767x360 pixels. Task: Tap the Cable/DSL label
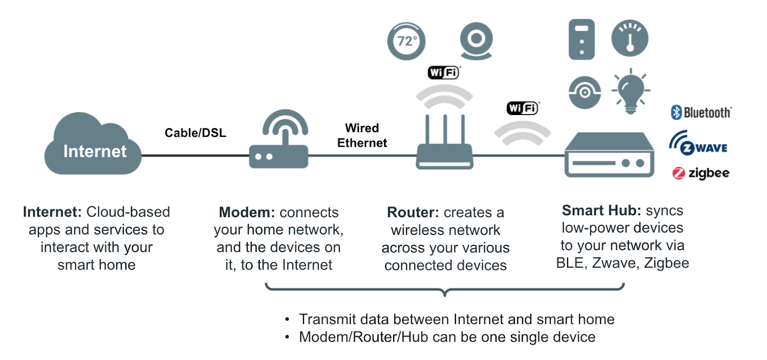pos(195,133)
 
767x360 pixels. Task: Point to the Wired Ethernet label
pos(362,135)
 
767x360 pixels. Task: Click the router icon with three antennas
pos(445,144)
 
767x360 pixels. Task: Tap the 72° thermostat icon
pos(406,41)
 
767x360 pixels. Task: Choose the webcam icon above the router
pos(476,41)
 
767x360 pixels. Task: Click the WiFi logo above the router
pos(444,72)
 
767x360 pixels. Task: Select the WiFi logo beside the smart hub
pos(523,108)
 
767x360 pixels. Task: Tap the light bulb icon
pos(631,92)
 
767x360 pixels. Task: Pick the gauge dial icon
pos(630,38)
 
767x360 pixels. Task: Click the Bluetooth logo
pos(701,113)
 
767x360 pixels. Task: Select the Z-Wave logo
pos(698,143)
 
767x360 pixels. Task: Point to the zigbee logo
pos(701,173)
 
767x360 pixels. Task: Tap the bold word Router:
pos(413,212)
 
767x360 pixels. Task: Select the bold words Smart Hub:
pos(601,210)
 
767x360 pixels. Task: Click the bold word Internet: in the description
pos(52,212)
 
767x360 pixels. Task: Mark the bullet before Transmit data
pos(287,320)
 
